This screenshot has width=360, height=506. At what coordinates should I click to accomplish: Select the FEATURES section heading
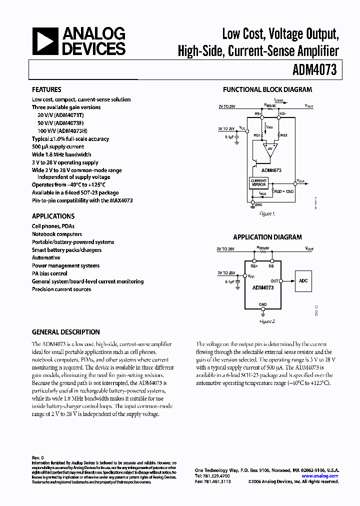tap(46, 89)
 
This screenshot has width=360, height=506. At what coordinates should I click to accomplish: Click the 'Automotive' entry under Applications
tap(46, 257)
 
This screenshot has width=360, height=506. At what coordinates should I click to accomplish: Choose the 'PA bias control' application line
tap(49, 273)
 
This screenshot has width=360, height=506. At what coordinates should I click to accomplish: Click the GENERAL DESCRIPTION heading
tap(65, 332)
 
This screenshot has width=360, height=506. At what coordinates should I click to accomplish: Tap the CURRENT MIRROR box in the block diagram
tap(258, 182)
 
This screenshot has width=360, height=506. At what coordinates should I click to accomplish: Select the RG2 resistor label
tap(283, 135)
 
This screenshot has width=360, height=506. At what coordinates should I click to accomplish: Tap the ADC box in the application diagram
tap(303, 280)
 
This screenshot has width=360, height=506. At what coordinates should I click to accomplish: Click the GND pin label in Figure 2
tap(262, 304)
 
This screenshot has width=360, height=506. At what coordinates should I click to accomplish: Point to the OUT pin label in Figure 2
tap(274, 281)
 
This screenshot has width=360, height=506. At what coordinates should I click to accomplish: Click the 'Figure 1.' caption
tap(267, 213)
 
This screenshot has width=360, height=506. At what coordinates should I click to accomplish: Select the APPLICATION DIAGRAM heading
tap(267, 237)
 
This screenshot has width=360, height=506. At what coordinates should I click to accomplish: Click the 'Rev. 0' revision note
tap(38, 457)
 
